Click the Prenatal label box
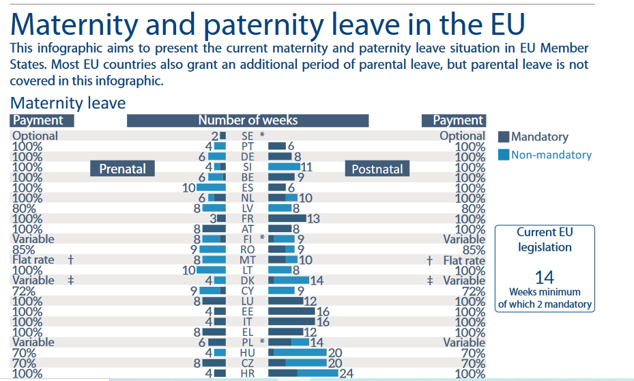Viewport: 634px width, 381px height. coord(122,169)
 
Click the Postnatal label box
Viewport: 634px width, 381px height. coord(377,169)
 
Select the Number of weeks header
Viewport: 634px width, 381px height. coord(248,121)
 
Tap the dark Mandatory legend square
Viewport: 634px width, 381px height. coord(504,137)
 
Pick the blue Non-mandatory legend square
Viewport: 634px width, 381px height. coord(504,154)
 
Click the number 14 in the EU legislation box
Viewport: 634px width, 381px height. coord(544,277)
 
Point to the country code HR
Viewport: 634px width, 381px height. coord(247,373)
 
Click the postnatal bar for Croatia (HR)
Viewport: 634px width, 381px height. coord(303,373)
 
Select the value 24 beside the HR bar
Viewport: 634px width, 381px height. coord(347,373)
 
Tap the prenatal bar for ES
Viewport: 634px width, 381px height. coord(211,187)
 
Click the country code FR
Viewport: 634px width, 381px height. coord(247,218)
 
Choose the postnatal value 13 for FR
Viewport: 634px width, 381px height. coord(313,218)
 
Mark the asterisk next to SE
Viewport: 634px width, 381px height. coord(262,135)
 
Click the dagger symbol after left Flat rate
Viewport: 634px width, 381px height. coord(71,259)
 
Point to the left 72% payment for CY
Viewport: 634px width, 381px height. coord(24,291)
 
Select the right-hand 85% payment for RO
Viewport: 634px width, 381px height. coord(474,250)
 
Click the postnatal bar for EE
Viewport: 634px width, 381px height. coord(291,311)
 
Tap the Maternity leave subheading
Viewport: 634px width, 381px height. coord(68,103)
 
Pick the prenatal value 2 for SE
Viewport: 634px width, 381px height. coord(215,136)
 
